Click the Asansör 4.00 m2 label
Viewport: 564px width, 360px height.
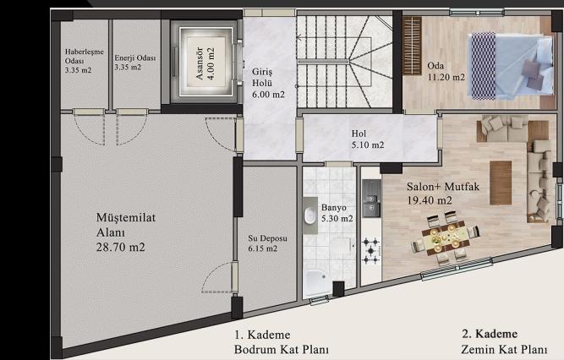pos(205,63)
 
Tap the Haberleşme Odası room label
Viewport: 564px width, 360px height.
pos(85,61)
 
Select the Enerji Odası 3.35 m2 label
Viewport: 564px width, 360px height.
pos(135,63)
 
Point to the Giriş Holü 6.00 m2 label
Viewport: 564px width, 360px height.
pos(268,83)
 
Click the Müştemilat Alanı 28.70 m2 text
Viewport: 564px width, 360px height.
pos(126,232)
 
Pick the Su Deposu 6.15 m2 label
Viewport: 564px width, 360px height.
pos(267,243)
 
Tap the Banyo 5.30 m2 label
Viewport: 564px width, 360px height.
pos(337,213)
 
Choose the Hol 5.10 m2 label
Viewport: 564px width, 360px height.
pos(367,139)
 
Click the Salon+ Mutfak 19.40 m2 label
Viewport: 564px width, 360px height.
pos(443,194)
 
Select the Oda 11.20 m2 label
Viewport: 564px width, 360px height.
pos(446,71)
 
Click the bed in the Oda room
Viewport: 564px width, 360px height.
pos(511,65)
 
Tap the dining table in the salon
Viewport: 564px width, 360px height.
pos(446,238)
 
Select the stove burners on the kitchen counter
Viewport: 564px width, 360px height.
pos(371,251)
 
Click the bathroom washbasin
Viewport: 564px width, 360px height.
pos(309,215)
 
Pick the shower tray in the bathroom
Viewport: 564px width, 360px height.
pos(316,283)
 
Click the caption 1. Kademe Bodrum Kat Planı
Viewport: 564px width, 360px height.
pos(282,342)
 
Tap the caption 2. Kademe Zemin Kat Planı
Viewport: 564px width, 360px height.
pos(504,341)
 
